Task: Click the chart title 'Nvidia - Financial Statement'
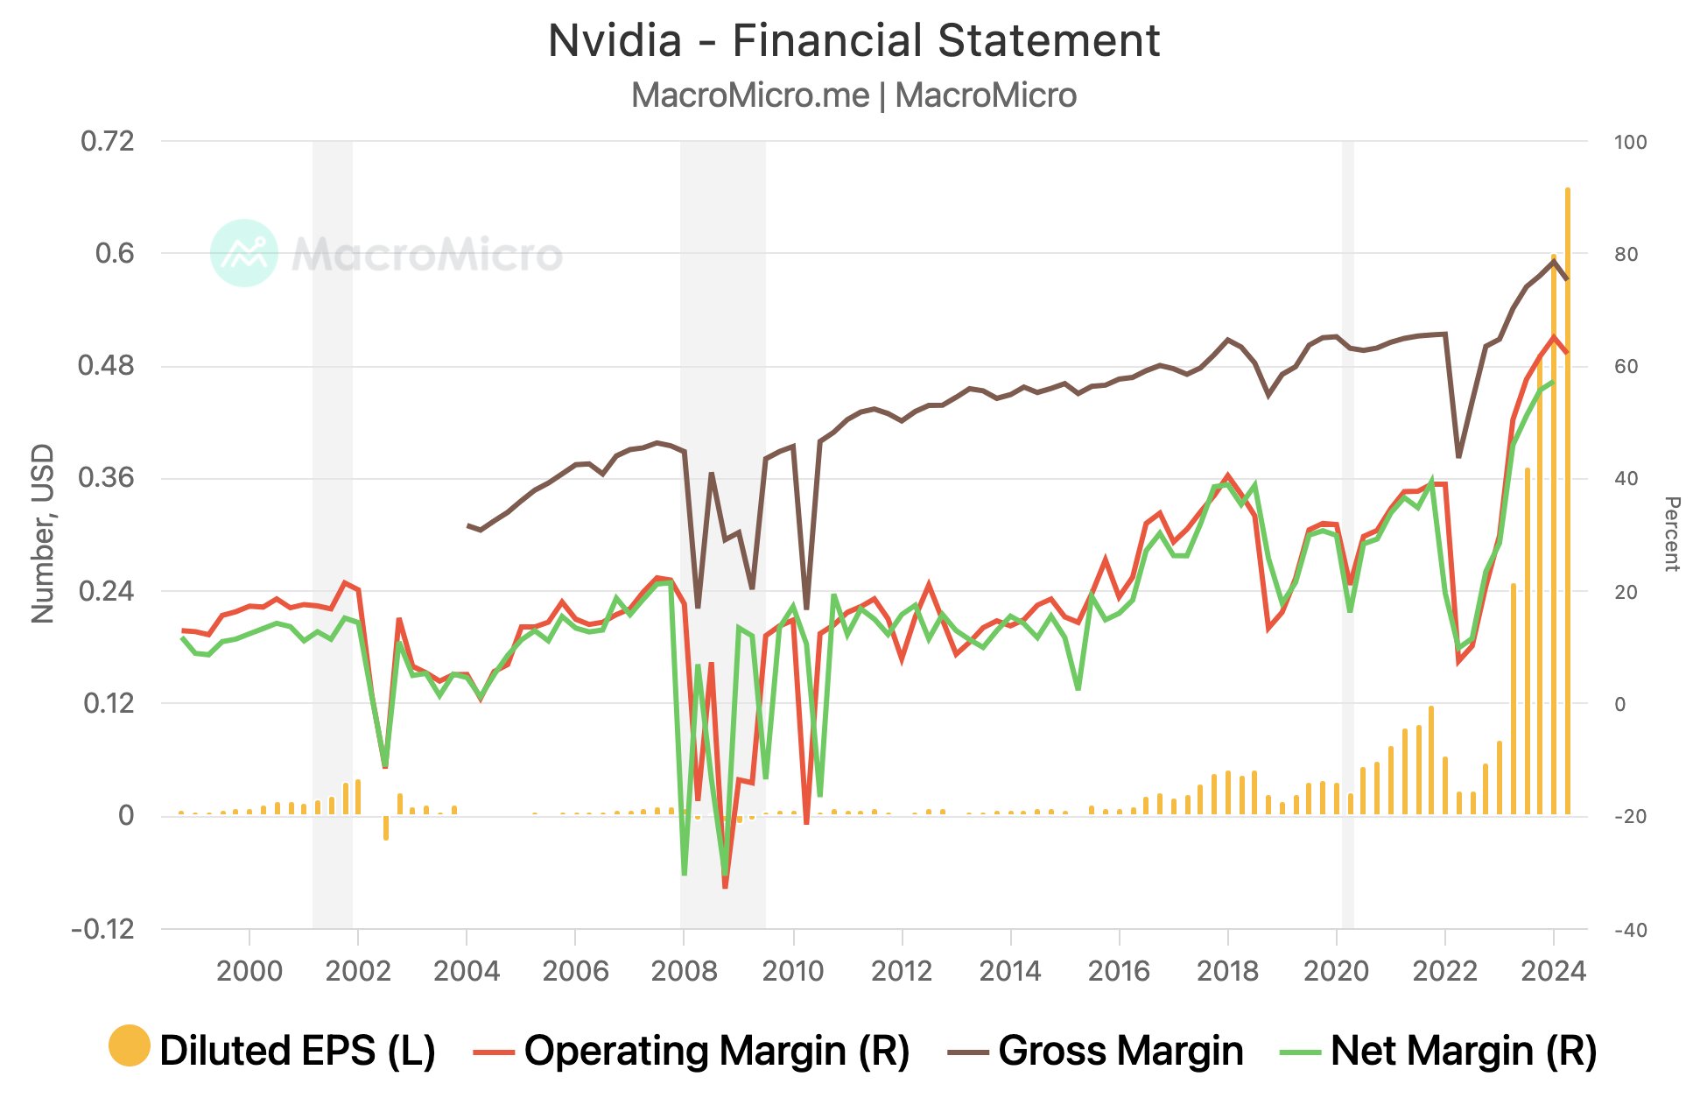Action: tap(853, 41)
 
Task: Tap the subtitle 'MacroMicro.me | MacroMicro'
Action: tap(853, 95)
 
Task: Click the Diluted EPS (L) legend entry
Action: tap(272, 1050)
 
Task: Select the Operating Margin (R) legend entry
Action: tap(692, 1050)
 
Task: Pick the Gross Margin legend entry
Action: tap(1095, 1050)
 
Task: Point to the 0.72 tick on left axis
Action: tap(107, 141)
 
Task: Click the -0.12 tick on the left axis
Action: tap(103, 929)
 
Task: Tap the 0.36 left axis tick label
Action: tap(107, 478)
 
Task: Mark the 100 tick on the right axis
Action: tap(1630, 142)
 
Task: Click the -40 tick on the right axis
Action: tap(1630, 930)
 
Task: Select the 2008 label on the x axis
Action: tap(684, 971)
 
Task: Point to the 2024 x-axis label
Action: tap(1553, 971)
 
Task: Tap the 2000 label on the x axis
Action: tap(249, 971)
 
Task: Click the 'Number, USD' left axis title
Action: tap(43, 534)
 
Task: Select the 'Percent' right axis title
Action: tap(1671, 534)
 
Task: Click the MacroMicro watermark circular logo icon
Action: tap(244, 253)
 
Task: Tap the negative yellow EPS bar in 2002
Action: tap(385, 827)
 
